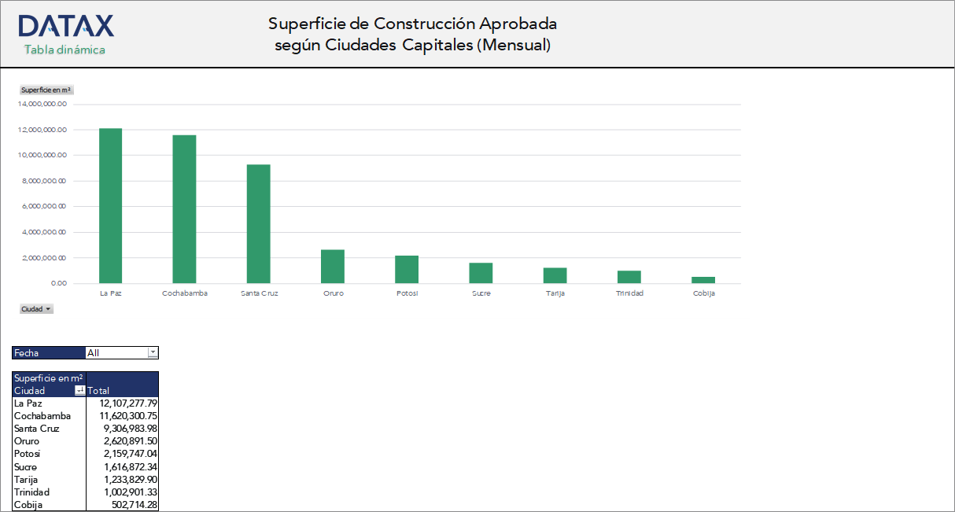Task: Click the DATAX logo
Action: (x=66, y=26)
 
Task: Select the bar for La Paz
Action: (x=110, y=206)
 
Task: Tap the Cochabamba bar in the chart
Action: (x=184, y=209)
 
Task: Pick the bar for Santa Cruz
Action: (x=258, y=224)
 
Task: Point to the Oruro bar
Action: (x=332, y=267)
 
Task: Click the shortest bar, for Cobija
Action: (x=703, y=280)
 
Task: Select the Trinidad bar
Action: (x=629, y=277)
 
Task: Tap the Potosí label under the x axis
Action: (x=407, y=293)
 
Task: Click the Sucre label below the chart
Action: (x=481, y=293)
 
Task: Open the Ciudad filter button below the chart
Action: (x=36, y=309)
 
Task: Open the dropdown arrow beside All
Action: (x=153, y=353)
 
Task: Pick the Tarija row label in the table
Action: (x=26, y=480)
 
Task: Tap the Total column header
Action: (x=99, y=391)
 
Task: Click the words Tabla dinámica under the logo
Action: (x=65, y=50)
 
